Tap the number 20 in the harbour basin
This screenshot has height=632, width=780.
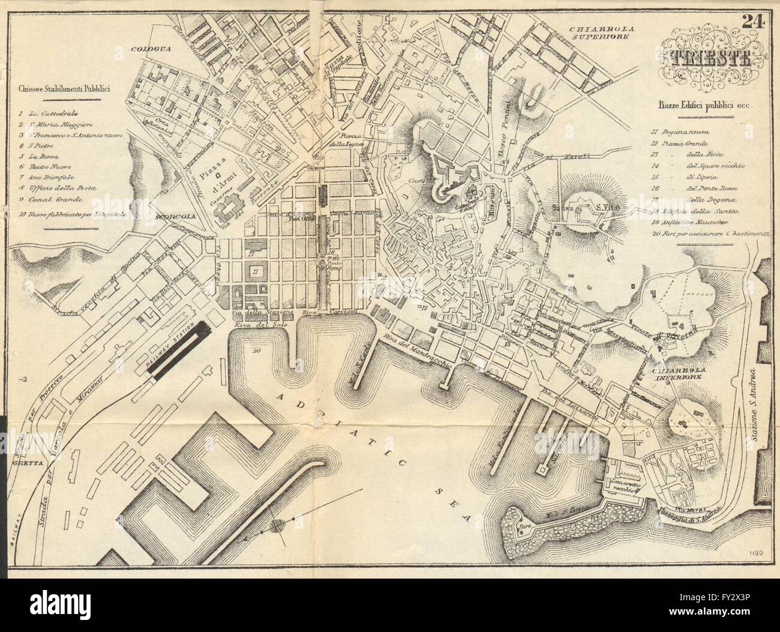click(x=257, y=351)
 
